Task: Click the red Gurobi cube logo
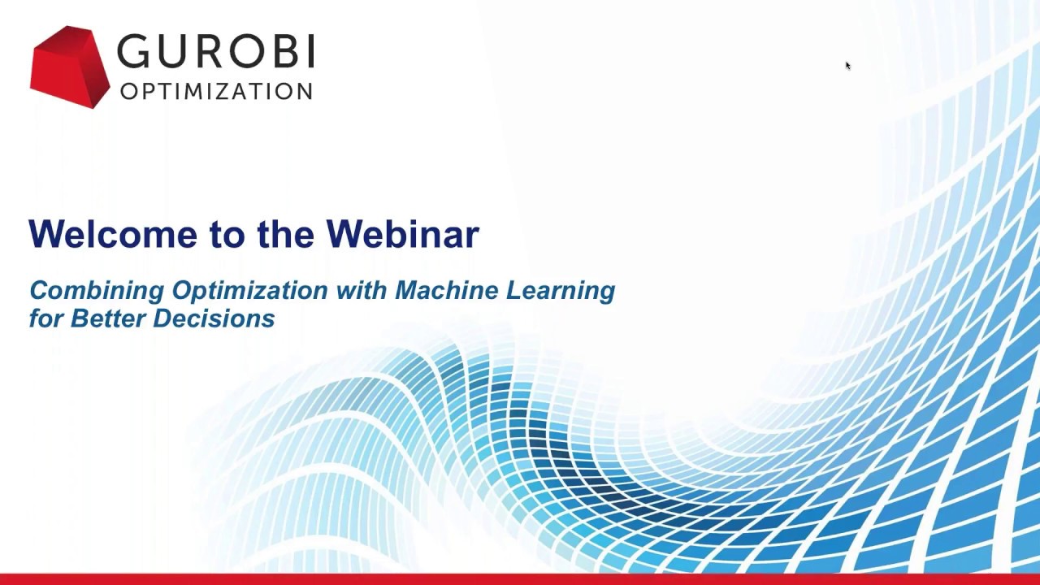(69, 67)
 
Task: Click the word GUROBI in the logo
(215, 52)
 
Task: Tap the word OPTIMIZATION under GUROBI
(216, 91)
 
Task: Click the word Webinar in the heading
(402, 234)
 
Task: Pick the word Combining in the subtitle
(97, 291)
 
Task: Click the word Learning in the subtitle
(560, 291)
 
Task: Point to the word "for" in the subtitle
(46, 318)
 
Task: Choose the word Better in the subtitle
(107, 318)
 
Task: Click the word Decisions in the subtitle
(214, 318)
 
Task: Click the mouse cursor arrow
(847, 65)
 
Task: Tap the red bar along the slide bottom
(520, 579)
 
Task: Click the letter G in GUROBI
(135, 52)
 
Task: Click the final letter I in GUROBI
(310, 52)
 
